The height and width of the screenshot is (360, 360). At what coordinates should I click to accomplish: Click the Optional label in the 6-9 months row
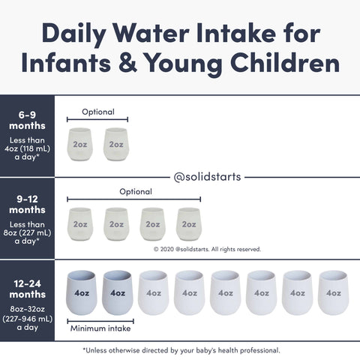pyautogui.click(x=97, y=112)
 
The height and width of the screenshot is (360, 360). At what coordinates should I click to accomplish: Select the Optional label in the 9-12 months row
pyautogui.click(x=135, y=191)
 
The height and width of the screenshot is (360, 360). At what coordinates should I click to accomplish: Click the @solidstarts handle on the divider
pyautogui.click(x=206, y=178)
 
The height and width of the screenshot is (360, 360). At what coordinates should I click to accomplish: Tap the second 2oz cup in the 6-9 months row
pyautogui.click(x=117, y=143)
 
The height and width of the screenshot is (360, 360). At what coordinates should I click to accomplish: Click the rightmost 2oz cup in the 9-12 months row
pyautogui.click(x=189, y=223)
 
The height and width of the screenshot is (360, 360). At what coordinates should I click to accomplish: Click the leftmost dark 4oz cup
pyautogui.click(x=82, y=292)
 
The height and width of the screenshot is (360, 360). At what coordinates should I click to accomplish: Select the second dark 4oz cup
pyautogui.click(x=118, y=292)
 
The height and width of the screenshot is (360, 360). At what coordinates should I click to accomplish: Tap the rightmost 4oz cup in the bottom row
pyautogui.click(x=333, y=292)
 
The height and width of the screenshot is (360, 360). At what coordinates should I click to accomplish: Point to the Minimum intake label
pyautogui.click(x=101, y=328)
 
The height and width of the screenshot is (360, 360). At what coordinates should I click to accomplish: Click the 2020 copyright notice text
pyautogui.click(x=207, y=249)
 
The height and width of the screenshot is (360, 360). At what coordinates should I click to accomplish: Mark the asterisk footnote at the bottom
pyautogui.click(x=181, y=349)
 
